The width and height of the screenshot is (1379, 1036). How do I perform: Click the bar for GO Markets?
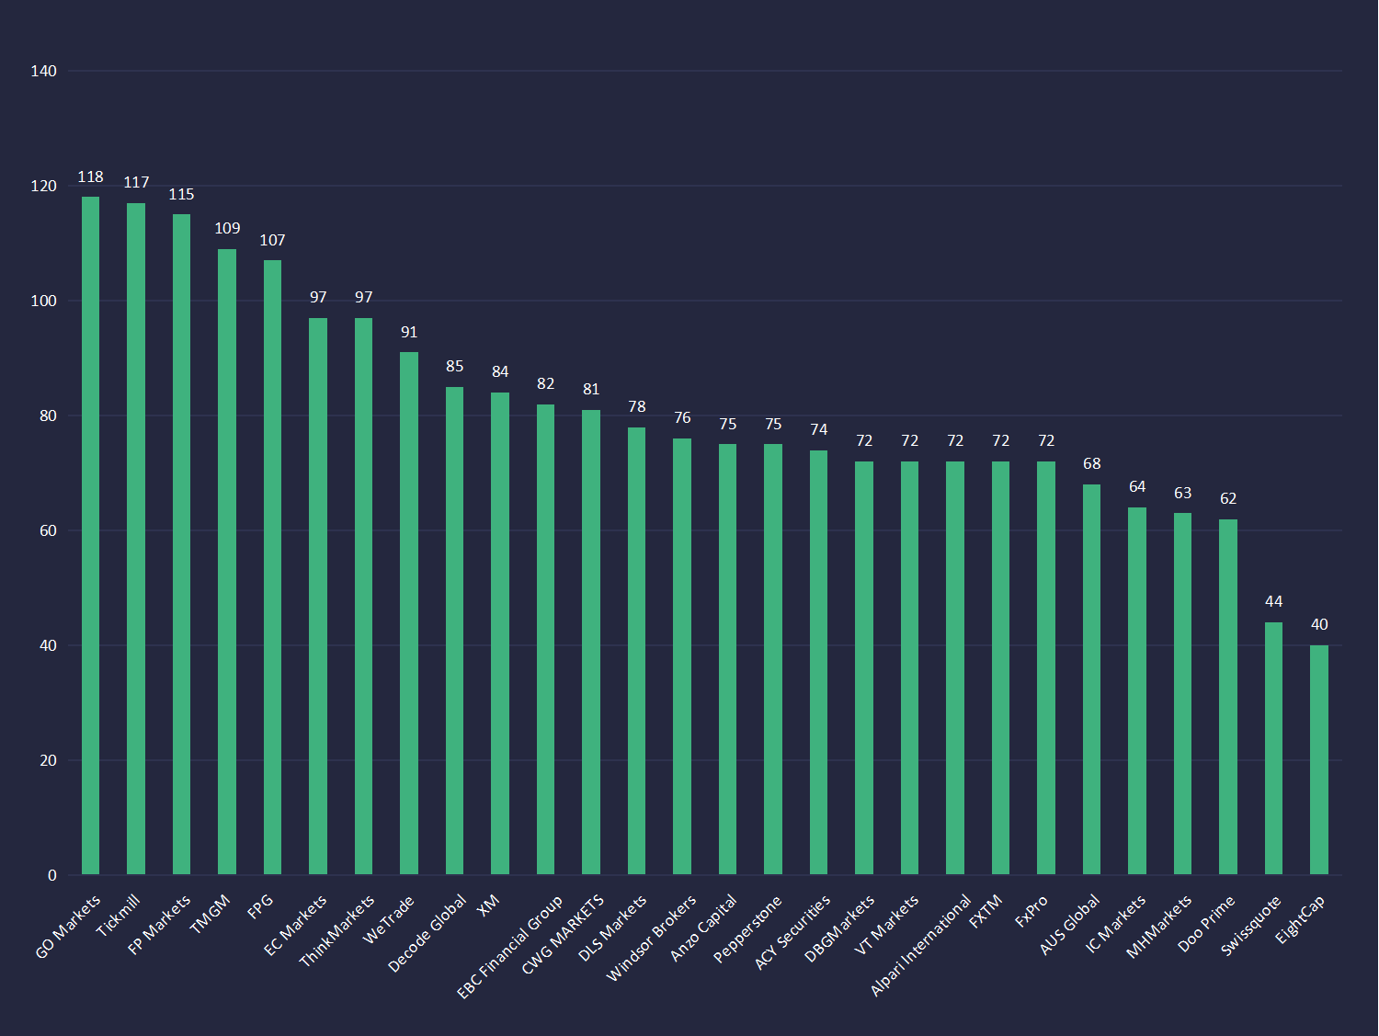click(x=90, y=535)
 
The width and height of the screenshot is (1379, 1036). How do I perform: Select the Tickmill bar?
click(x=136, y=539)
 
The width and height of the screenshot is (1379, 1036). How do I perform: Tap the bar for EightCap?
click(x=1319, y=759)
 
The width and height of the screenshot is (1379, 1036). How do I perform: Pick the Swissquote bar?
click(x=1273, y=748)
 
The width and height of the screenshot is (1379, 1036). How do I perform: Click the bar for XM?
click(x=500, y=633)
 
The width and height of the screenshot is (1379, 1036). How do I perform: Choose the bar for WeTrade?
click(x=409, y=613)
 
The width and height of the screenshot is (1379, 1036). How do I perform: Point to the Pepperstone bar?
click(x=773, y=659)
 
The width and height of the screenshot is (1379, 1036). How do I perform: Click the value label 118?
click(x=90, y=177)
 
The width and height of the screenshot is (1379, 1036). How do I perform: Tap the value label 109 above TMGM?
click(x=227, y=229)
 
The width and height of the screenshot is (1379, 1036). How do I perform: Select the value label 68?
click(x=1091, y=464)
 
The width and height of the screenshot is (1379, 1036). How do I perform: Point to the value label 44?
click(x=1273, y=602)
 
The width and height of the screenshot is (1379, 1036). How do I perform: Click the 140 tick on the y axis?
click(x=43, y=72)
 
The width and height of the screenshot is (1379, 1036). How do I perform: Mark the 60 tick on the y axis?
click(x=48, y=531)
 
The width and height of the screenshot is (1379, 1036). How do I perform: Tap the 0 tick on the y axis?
click(x=52, y=876)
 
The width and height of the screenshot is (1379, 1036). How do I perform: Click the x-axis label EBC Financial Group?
click(x=510, y=948)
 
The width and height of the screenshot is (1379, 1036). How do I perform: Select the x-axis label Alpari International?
click(x=921, y=945)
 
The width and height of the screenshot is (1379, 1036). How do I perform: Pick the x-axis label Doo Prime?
click(x=1207, y=923)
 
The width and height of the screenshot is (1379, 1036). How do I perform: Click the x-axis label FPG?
click(x=261, y=906)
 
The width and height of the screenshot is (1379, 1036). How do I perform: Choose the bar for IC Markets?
click(x=1137, y=690)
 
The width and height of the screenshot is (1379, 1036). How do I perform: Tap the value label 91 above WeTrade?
click(x=409, y=333)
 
